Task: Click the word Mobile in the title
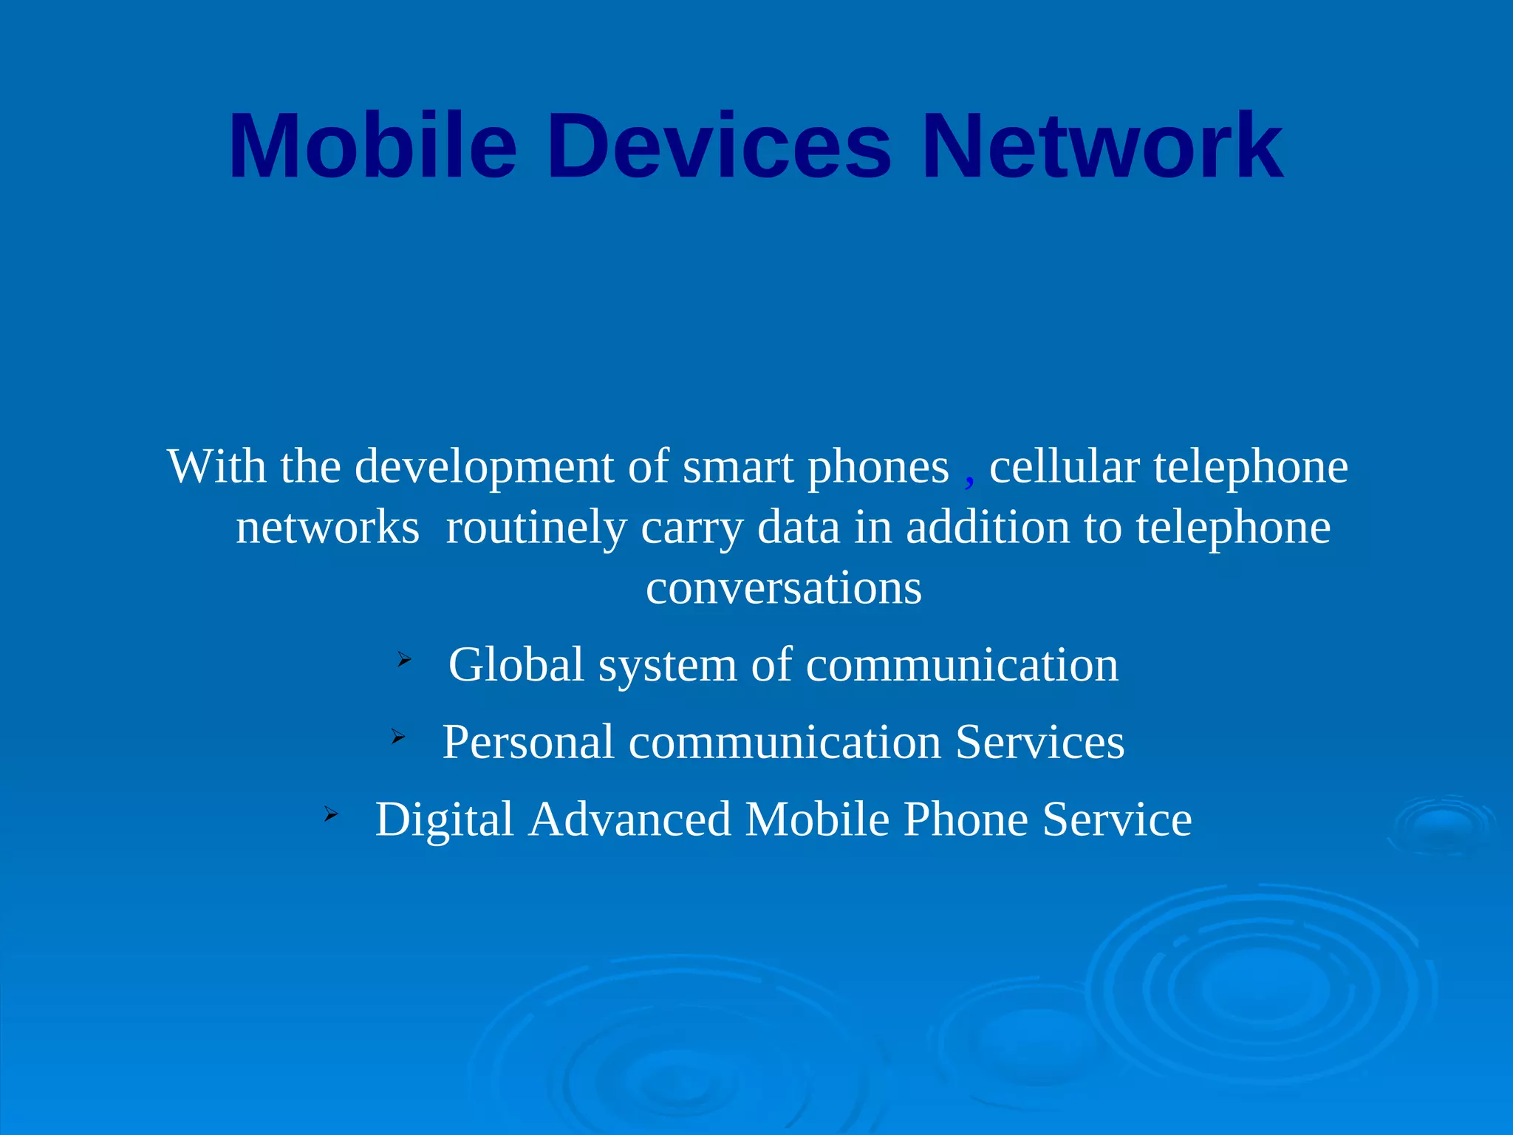tap(372, 146)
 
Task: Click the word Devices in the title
tap(719, 146)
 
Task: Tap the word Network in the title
tap(1102, 146)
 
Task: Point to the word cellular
tap(1064, 467)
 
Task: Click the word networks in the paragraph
tap(327, 528)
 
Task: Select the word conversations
tap(784, 588)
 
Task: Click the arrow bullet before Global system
tap(403, 659)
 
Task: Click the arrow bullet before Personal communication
tap(397, 736)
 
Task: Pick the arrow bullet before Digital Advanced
tap(330, 814)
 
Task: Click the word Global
tap(516, 664)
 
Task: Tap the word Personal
tap(527, 742)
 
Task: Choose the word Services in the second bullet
tap(1039, 742)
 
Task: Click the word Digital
tap(444, 819)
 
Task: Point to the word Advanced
tap(629, 819)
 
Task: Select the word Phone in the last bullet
tap(965, 819)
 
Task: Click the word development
tap(484, 468)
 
